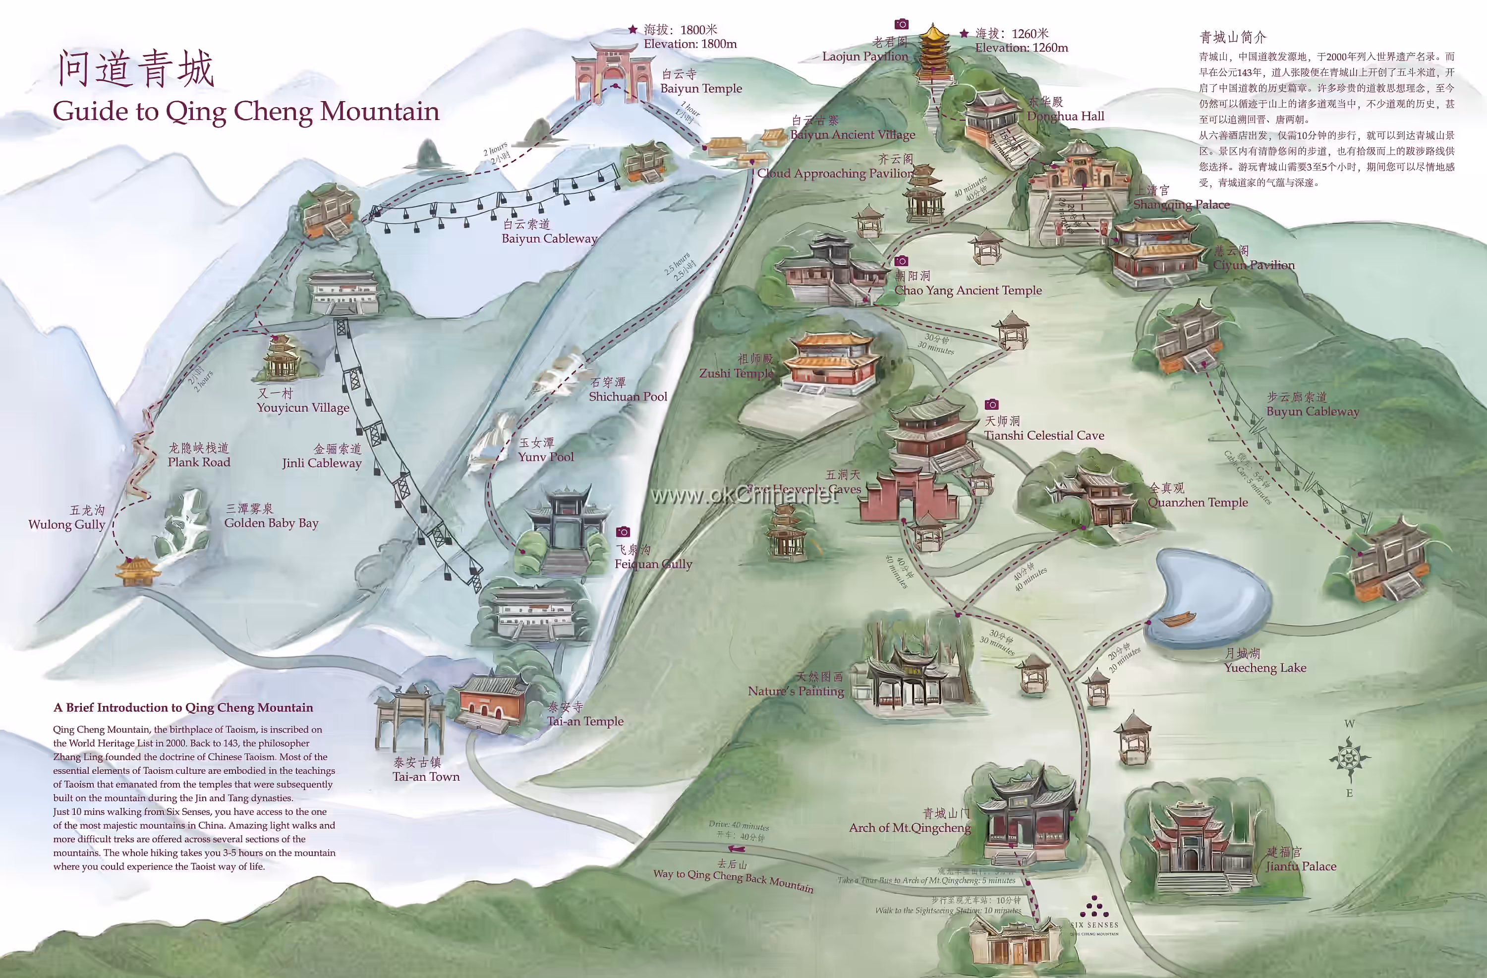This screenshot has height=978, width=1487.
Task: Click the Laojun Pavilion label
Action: click(x=865, y=56)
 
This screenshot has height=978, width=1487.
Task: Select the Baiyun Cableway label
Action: click(x=549, y=238)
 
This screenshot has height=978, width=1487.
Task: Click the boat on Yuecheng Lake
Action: click(x=1178, y=619)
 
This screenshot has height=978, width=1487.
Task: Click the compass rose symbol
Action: click(x=1350, y=758)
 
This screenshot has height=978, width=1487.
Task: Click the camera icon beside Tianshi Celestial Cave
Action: click(x=991, y=404)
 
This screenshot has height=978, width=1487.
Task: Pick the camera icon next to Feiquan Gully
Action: click(x=623, y=532)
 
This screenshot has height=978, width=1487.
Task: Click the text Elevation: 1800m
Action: click(x=690, y=44)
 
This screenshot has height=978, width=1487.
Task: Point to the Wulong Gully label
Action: click(x=66, y=524)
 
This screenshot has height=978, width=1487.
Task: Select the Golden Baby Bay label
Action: click(x=271, y=522)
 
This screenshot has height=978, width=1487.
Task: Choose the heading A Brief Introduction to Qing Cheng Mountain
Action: click(x=183, y=707)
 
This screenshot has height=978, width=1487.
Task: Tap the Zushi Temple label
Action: click(x=736, y=373)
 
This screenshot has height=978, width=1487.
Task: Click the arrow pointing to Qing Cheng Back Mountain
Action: click(x=736, y=849)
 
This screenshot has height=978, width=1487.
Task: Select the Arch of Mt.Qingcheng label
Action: click(x=909, y=827)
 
